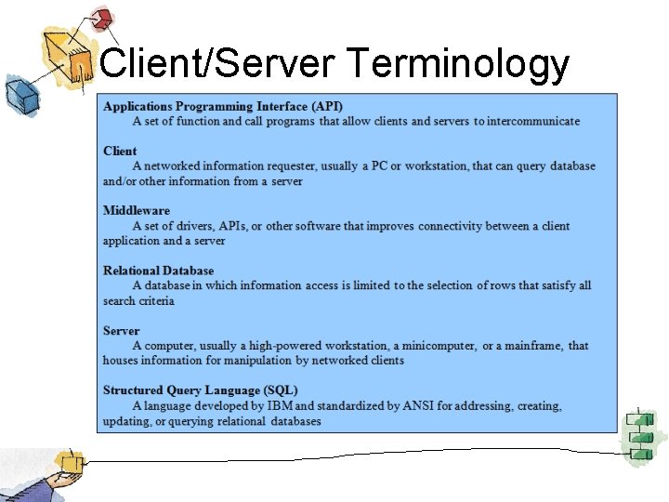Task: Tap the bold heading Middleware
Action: click(137, 210)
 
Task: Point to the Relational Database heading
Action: click(158, 271)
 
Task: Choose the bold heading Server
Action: click(122, 330)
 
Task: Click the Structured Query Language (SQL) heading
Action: click(201, 390)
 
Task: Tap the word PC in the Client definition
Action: click(381, 166)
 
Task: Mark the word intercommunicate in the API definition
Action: click(528, 121)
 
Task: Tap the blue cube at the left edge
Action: click(18, 94)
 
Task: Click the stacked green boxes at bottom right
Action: click(640, 434)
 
